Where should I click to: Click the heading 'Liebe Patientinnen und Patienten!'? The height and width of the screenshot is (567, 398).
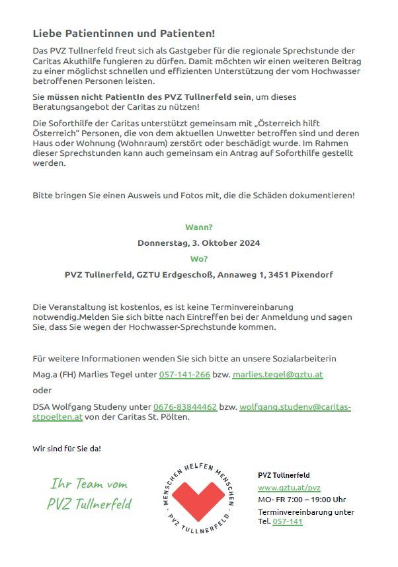pos(124,33)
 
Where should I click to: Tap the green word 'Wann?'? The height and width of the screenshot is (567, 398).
pos(198,227)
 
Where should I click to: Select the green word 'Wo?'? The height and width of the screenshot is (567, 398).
pos(198,258)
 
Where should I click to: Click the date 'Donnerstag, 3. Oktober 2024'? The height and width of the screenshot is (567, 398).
pos(198,243)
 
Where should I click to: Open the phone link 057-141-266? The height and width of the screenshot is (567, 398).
pos(184,375)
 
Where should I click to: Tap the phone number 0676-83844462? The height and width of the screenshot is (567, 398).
pos(185,406)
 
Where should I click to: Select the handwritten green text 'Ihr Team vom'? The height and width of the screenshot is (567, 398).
pos(89,484)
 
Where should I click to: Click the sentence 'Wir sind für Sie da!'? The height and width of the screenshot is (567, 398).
pos(67,449)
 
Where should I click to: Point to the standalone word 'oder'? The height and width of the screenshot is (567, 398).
pos(42,391)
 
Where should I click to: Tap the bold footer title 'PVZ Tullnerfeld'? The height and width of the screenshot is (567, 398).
pos(284,475)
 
